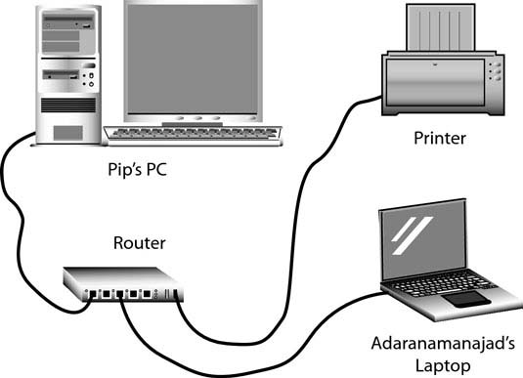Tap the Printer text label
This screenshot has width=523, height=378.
[x=439, y=139]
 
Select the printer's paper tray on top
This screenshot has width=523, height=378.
[x=441, y=29]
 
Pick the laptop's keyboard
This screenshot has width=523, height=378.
[x=440, y=287]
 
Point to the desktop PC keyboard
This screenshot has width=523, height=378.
[x=196, y=131]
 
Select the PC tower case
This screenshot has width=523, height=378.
[x=68, y=74]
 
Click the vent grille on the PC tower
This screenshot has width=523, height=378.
[x=68, y=103]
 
